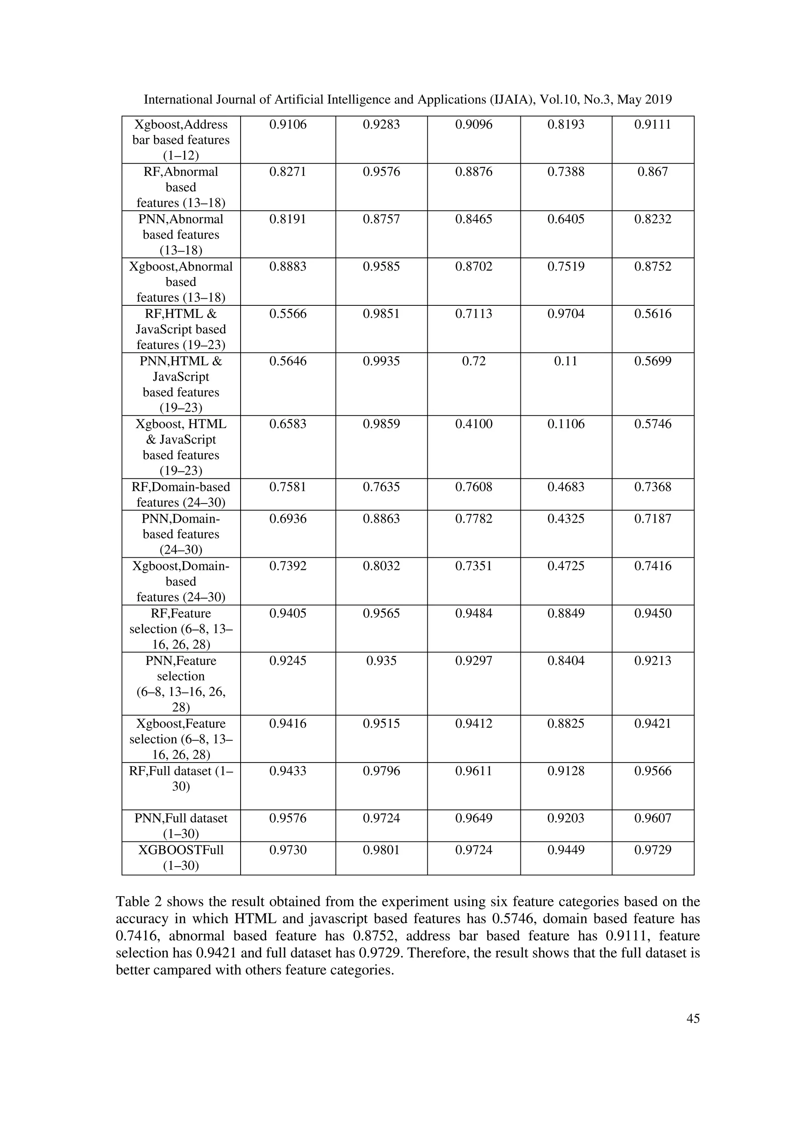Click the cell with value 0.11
pos(566,361)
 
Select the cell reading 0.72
pos(474,361)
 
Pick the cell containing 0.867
pos(653,172)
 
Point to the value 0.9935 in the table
pos(381,361)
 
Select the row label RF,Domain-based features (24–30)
pos(181,494)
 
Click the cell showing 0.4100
pos(474,424)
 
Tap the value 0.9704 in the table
pos(566,314)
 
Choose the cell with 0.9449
pos(566,850)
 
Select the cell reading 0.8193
pos(566,125)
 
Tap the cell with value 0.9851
pos(381,314)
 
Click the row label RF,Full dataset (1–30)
pos(181,779)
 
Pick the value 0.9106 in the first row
pos(288,125)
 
